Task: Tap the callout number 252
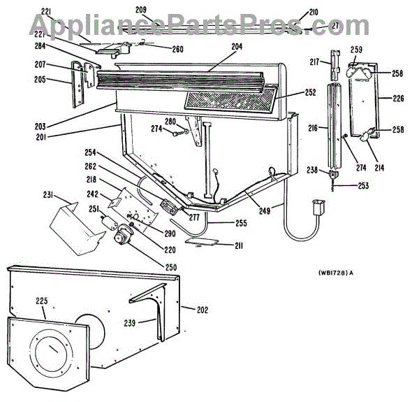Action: (309, 92)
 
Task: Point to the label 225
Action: (41, 302)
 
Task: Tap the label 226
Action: (398, 99)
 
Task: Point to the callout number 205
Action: (40, 79)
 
